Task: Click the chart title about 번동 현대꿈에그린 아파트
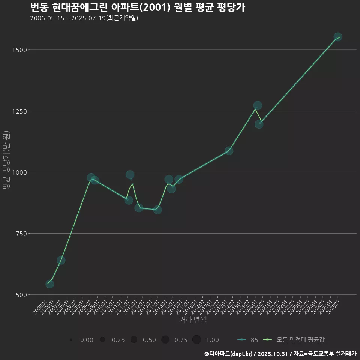[x=137, y=7]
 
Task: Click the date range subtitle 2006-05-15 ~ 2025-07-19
[x=84, y=18]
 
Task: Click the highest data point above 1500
[x=337, y=37]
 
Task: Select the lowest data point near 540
[x=49, y=284]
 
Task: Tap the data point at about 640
[x=61, y=260]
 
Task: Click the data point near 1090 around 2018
[x=229, y=151]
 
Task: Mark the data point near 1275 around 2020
[x=258, y=105]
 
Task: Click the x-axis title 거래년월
[x=193, y=320]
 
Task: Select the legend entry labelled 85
[x=247, y=340]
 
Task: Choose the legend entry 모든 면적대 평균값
[x=294, y=340]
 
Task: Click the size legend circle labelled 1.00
[x=196, y=340]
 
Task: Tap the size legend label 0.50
[x=149, y=340]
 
